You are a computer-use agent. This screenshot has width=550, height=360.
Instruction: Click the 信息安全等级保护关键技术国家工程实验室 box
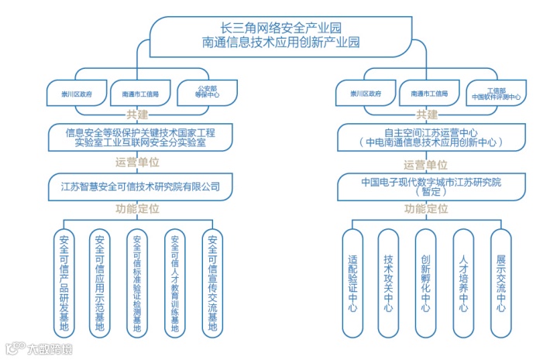click(x=140, y=138)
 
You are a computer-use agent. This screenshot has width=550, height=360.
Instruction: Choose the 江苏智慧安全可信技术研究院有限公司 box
click(x=140, y=186)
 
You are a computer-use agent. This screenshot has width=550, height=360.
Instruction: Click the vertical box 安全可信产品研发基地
click(x=64, y=283)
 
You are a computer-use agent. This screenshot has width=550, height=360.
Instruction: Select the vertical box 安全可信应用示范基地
click(x=100, y=283)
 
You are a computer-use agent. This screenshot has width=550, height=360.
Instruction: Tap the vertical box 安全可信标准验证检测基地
click(x=137, y=283)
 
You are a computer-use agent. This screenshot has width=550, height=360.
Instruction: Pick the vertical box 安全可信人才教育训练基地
click(x=175, y=283)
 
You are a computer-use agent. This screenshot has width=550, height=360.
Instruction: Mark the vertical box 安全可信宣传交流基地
click(x=212, y=283)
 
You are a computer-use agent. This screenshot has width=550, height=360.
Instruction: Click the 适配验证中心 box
click(x=353, y=283)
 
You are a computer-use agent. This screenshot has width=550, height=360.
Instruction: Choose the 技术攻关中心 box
click(x=389, y=283)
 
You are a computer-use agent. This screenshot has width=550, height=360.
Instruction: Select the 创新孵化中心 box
click(x=425, y=283)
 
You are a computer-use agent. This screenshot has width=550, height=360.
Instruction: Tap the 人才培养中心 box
click(x=463, y=283)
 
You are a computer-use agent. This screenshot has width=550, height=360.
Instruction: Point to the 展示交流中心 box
click(x=500, y=283)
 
